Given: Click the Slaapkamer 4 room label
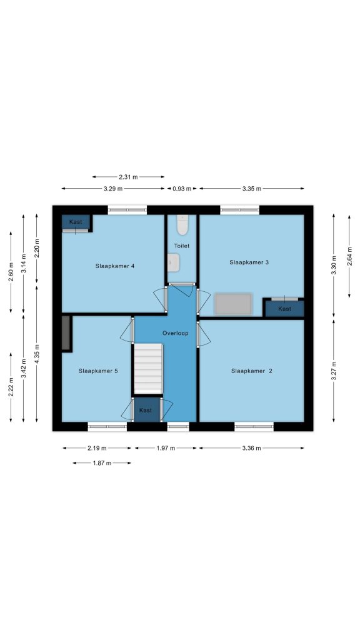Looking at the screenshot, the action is [x=115, y=266].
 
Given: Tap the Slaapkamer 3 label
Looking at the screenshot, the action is [x=249, y=262].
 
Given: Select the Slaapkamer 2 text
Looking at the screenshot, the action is [x=251, y=371].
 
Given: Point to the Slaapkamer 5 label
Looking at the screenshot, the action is [x=98, y=371].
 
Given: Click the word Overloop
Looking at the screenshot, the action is [x=175, y=333].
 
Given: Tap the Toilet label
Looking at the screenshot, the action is [x=182, y=246].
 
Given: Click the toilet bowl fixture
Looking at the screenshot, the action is [x=182, y=225].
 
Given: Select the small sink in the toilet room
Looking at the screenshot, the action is [x=174, y=262].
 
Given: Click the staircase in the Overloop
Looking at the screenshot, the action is [x=148, y=369].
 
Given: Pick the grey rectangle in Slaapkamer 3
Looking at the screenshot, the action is [x=233, y=304].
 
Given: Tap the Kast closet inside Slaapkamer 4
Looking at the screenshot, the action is [x=76, y=223].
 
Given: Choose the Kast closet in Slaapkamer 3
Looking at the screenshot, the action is [x=284, y=308].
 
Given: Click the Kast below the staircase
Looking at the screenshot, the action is [x=146, y=409].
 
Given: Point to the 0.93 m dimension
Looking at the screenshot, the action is [x=182, y=189].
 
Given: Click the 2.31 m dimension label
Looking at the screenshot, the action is [x=128, y=177].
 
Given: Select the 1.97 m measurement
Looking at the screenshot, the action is [x=166, y=448].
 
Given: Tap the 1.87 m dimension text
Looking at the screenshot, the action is [x=102, y=463].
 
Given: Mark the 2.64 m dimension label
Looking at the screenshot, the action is [x=349, y=256].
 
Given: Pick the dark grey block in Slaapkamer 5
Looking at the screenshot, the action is [x=66, y=332].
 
